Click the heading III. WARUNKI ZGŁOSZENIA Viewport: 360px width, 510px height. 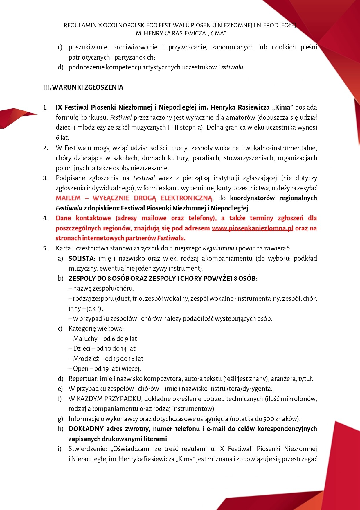pos(83,87)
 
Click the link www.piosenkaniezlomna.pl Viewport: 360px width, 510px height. pos(252,228)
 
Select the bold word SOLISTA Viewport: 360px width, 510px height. pos(81,258)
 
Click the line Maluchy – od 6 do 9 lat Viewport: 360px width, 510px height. pos(103,339)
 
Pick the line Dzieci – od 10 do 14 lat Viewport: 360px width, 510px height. pos(102,348)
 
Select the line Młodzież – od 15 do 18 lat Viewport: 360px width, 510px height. pos(106,359)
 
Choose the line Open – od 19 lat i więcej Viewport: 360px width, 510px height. pos(105,368)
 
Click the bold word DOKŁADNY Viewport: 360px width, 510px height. pos(86,429)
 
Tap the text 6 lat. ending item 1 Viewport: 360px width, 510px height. pos(62,137)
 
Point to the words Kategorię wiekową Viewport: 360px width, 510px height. pos(96,329)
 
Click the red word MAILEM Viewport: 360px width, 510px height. pos(68,198)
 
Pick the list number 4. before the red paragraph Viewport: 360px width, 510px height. pos(46,218)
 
